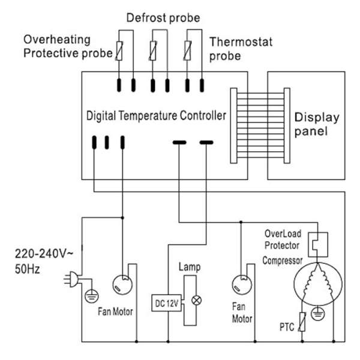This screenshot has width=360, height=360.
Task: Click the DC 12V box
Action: [166, 303]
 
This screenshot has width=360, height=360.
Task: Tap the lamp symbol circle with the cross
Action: [197, 301]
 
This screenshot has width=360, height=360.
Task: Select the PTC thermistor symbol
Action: [302, 322]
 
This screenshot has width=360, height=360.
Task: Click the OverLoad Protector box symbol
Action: [318, 244]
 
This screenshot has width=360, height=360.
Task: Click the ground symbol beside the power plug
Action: [92, 296]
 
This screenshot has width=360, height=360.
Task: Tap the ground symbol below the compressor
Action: [318, 313]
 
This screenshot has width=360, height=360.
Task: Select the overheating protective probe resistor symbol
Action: [119, 51]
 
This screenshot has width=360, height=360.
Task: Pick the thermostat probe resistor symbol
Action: [188, 50]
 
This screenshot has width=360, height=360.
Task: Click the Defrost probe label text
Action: [163, 18]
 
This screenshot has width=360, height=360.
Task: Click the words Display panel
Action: [317, 124]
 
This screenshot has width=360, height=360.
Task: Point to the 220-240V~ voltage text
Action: [44, 254]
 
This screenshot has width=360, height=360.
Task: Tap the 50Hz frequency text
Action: [28, 269]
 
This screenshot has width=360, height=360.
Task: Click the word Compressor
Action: [283, 261]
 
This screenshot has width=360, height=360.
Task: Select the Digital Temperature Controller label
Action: [156, 115]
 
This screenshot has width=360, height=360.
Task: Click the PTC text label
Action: [287, 327]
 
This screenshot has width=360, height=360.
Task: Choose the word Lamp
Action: [190, 267]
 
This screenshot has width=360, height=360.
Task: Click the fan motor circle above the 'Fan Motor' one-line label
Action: [122, 284]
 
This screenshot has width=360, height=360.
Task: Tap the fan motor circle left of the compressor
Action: [242, 284]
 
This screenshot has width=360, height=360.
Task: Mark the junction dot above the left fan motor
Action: [122, 218]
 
